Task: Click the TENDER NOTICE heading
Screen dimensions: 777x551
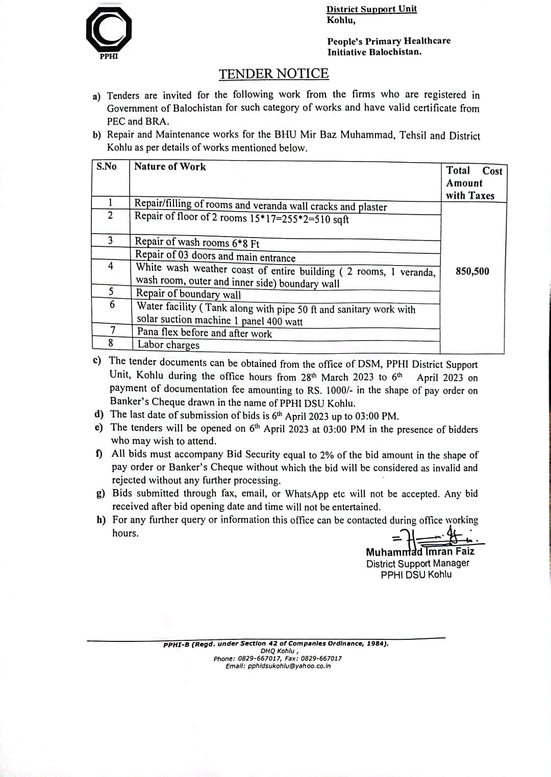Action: click(x=273, y=74)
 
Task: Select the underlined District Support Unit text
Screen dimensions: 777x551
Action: click(x=371, y=9)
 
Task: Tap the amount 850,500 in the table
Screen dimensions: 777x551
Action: click(x=472, y=271)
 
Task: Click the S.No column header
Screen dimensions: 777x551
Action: click(x=107, y=166)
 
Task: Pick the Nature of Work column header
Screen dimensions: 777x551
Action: click(x=170, y=167)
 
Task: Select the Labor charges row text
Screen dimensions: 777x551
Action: click(x=168, y=345)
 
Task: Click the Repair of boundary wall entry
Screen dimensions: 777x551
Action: click(x=188, y=294)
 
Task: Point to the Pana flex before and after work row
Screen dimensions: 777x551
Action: click(x=204, y=333)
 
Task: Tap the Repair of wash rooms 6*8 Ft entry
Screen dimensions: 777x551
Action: click(x=197, y=243)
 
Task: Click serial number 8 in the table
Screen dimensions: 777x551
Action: click(x=111, y=343)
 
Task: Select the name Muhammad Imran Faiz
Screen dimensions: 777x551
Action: click(x=420, y=552)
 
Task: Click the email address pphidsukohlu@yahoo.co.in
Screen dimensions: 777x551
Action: click(x=289, y=666)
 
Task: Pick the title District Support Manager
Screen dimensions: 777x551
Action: click(x=417, y=563)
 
